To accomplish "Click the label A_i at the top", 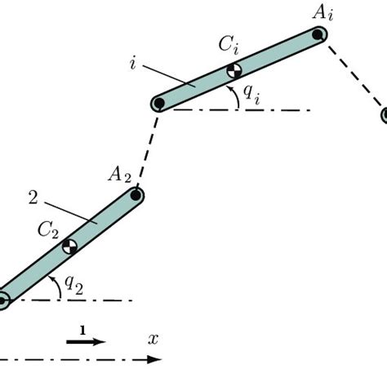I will pos(318,11).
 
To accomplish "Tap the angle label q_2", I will pos(73,284).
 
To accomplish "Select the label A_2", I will pos(119,173).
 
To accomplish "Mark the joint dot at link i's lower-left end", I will pos(159,104).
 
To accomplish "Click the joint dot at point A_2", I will pos(136,195).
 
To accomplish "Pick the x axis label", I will pos(153,338).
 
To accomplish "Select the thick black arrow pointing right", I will pos(86,342).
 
